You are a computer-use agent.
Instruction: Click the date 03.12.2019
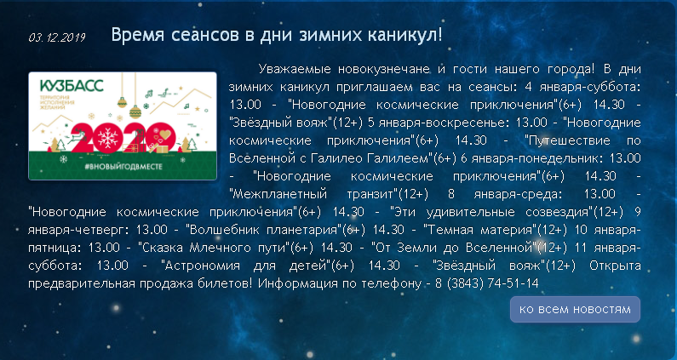[x=57, y=37]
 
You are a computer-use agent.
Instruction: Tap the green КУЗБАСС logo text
[x=72, y=85]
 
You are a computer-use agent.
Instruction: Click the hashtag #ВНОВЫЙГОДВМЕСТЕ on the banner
[x=123, y=166]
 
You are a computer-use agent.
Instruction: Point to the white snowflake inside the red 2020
[x=108, y=138]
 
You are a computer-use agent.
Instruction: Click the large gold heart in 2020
[x=165, y=134]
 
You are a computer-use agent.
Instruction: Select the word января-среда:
[x=518, y=194]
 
